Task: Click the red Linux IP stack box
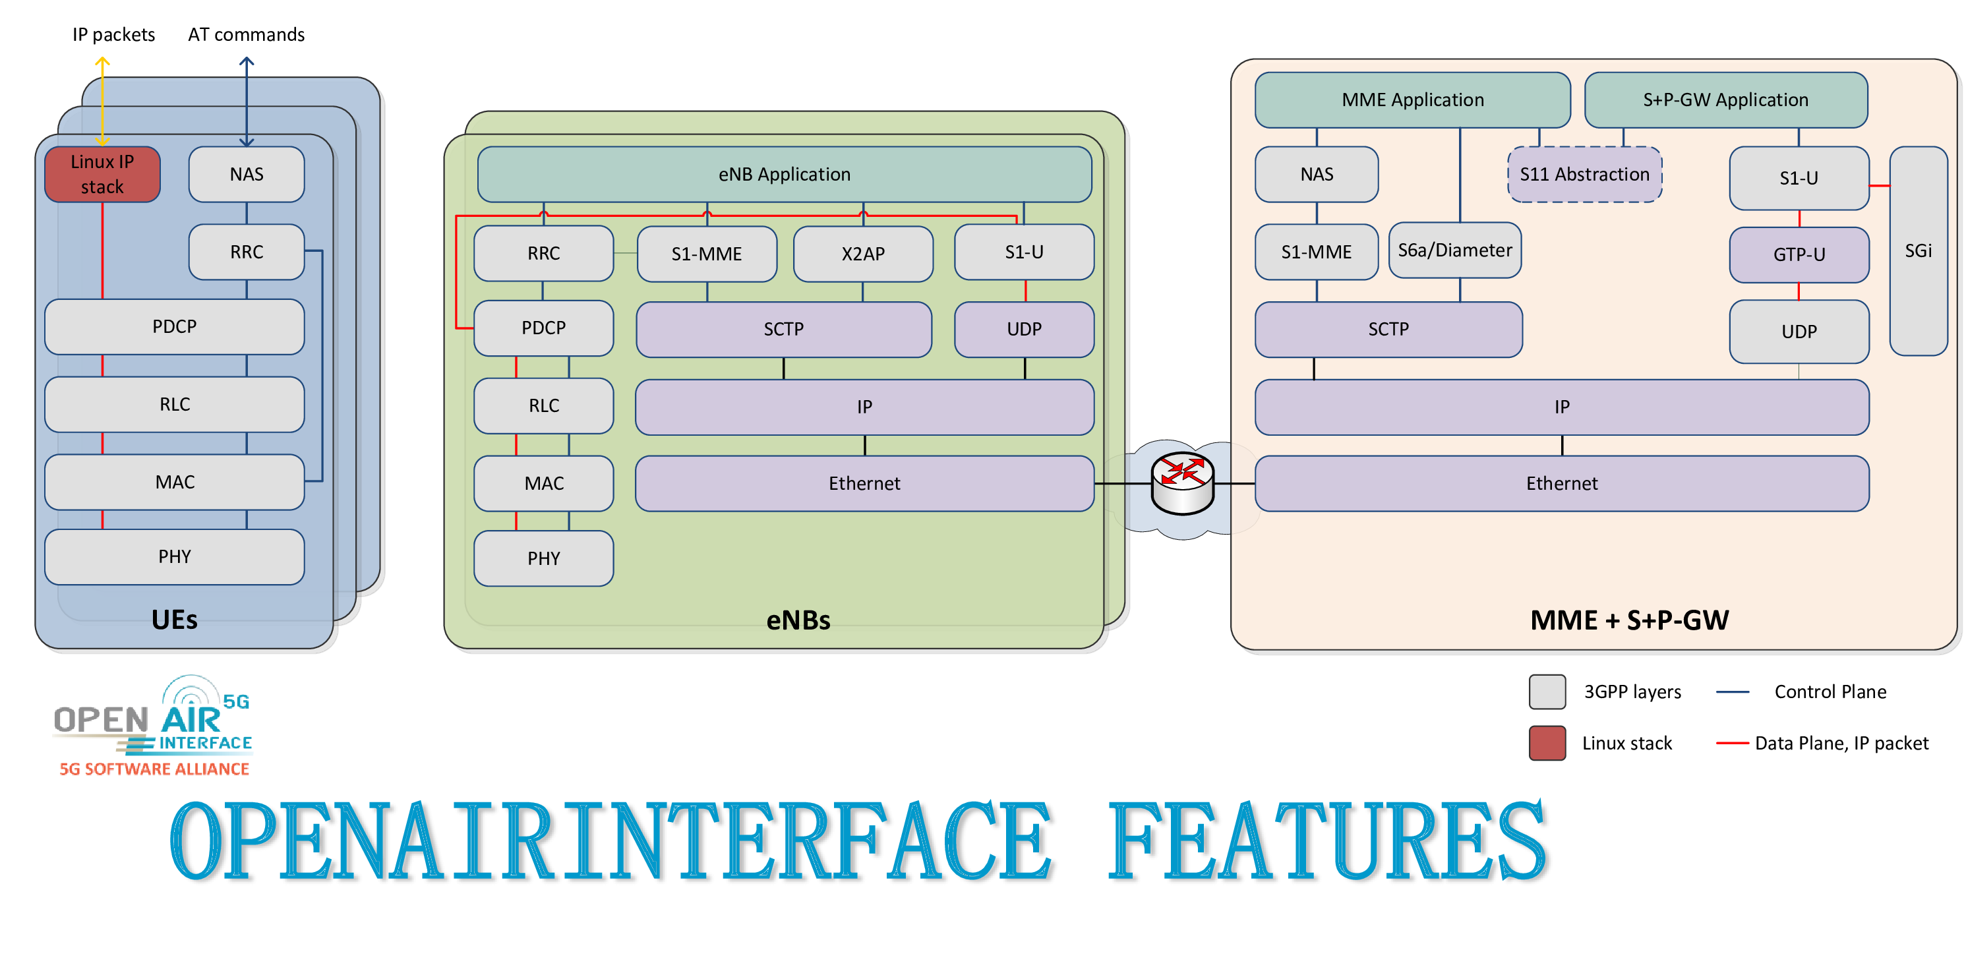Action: [x=102, y=174]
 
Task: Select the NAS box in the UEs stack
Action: [x=247, y=174]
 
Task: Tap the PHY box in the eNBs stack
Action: [x=543, y=558]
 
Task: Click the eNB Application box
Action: [x=784, y=174]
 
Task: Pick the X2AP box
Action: [x=862, y=253]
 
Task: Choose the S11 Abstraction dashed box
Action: [x=1584, y=174]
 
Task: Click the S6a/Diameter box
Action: [x=1454, y=251]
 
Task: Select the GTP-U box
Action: [x=1799, y=254]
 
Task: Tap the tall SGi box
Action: [x=1918, y=251]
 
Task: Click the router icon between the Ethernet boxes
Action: [x=1182, y=483]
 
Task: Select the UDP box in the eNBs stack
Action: [x=1023, y=329]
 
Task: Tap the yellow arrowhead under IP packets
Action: [x=102, y=61]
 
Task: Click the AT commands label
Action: [x=246, y=34]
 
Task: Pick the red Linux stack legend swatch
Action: [x=1547, y=742]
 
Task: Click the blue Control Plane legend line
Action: [x=1732, y=692]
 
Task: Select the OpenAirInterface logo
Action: [x=154, y=726]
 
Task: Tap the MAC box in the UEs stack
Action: [x=175, y=481]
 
